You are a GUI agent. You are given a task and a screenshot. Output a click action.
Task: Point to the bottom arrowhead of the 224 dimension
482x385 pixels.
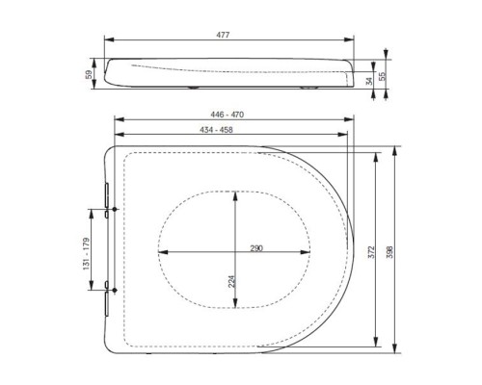tap(234, 307)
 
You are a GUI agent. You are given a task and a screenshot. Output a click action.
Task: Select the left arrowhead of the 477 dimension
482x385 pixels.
tap(106, 41)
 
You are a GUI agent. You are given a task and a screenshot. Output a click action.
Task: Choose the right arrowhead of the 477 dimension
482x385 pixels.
tap(350, 41)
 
